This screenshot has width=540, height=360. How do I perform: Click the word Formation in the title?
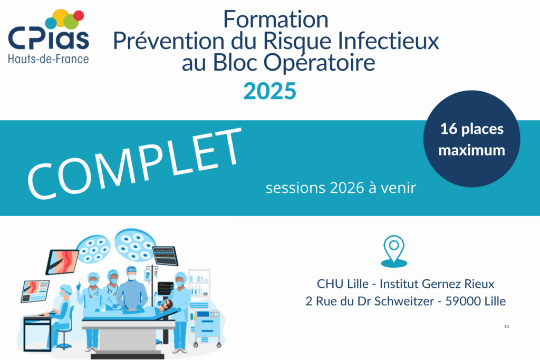[x=276, y=20]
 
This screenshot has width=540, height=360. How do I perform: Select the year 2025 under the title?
[x=269, y=91]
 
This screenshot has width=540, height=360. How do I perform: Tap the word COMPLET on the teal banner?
[x=135, y=163]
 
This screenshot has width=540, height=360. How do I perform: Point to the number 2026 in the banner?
[x=347, y=188]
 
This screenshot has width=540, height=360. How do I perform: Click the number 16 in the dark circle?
[x=449, y=129]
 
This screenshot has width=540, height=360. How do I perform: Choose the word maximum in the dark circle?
[x=472, y=150]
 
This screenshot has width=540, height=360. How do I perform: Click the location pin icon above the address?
[x=394, y=251]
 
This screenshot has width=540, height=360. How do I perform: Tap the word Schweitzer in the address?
[x=404, y=301]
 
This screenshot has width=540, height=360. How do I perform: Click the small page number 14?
[x=506, y=327]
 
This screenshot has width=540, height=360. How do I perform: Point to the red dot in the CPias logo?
[x=79, y=15]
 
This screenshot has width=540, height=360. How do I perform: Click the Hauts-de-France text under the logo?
[x=48, y=59]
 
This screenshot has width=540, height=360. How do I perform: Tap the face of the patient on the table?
[x=168, y=304]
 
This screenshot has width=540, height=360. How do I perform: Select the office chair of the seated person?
[x=64, y=330]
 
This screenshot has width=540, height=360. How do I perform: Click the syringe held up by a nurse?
[x=80, y=285]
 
